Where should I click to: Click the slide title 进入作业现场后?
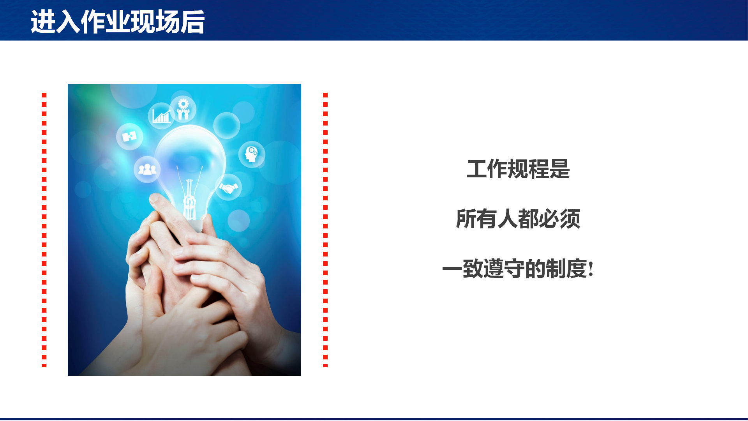tap(118, 22)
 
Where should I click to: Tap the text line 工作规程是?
tap(518, 169)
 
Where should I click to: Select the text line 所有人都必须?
tap(518, 219)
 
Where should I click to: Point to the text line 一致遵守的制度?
tap(515, 269)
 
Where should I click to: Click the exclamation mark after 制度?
tap(591, 269)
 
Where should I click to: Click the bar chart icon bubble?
tap(161, 116)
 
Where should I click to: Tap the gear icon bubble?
tap(183, 109)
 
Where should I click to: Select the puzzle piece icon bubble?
tap(130, 136)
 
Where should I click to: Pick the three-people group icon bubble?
tap(147, 169)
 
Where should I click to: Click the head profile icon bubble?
tap(252, 154)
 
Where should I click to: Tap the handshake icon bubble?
tap(228, 188)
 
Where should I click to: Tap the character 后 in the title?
tap(193, 22)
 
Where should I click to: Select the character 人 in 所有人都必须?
tap(508, 219)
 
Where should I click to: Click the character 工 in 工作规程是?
tap(476, 169)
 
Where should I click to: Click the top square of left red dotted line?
tap(44, 95)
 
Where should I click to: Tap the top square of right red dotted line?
tap(325, 95)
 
